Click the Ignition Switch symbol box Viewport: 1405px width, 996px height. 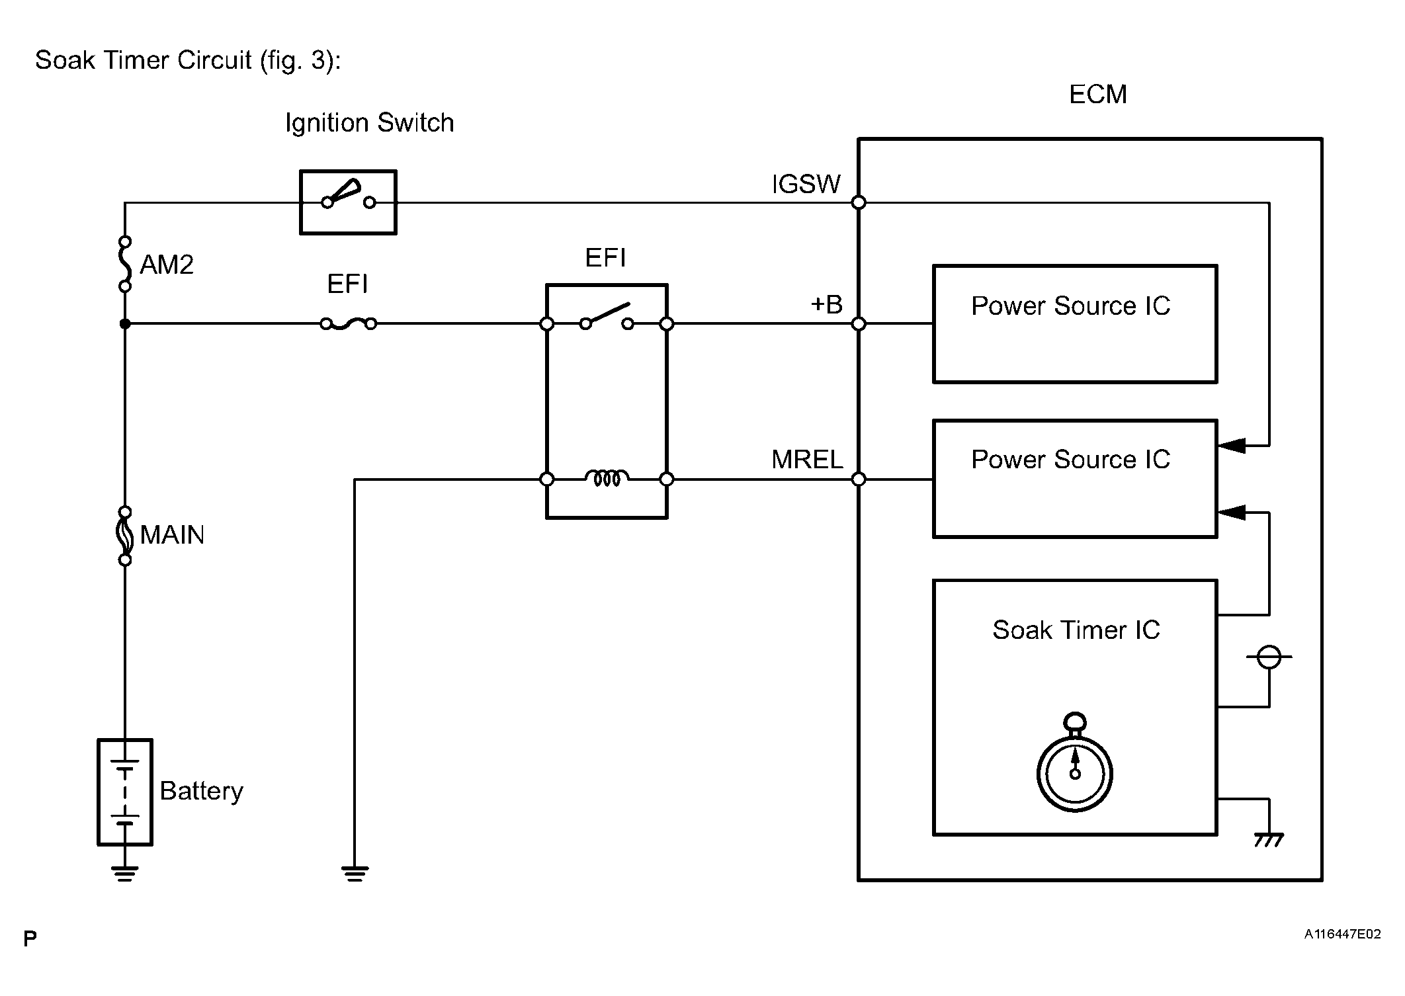(348, 202)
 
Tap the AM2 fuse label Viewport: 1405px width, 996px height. (167, 265)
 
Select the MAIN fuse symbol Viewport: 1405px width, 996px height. (125, 535)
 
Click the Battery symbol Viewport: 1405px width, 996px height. (125, 792)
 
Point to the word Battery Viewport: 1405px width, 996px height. (201, 791)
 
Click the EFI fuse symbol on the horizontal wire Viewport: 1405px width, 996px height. (348, 323)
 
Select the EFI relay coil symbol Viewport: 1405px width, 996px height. (607, 478)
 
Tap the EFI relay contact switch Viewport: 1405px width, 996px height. (607, 317)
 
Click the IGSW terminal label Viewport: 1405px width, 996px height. (806, 185)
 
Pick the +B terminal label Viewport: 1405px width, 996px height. (826, 305)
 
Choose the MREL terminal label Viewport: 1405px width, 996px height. (807, 460)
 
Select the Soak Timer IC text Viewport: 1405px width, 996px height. (1076, 630)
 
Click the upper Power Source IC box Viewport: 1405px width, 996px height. (1074, 324)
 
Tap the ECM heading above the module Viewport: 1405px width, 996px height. (1097, 95)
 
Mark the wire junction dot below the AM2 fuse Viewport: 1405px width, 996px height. (125, 323)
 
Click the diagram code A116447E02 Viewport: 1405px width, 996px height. (1342, 934)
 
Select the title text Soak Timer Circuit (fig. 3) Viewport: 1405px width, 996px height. (188, 60)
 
